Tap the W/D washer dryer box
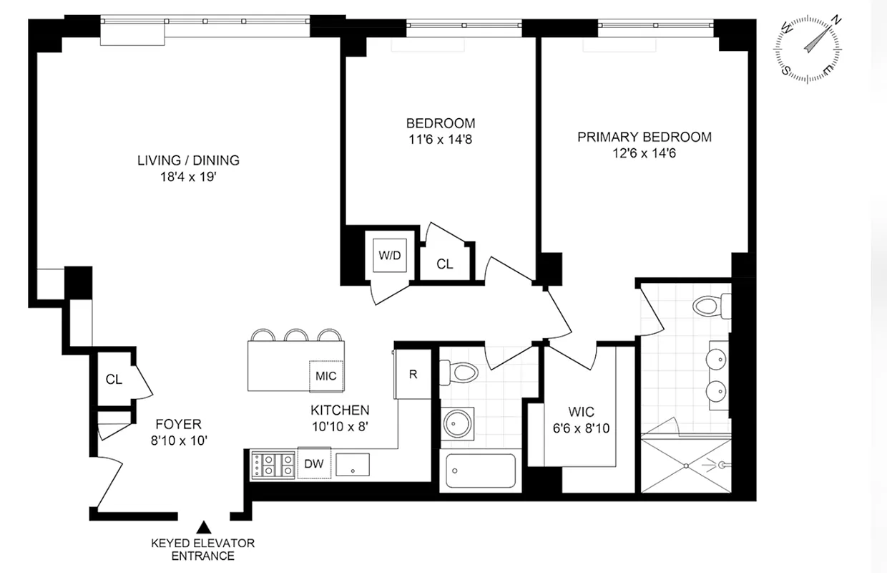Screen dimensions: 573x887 [389, 254]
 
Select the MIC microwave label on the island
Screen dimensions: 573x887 [325, 375]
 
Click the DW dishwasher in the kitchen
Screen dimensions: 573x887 [314, 464]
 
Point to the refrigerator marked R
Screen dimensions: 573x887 [413, 373]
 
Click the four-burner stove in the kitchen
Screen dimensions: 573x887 [273, 465]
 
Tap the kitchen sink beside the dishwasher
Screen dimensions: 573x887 [352, 465]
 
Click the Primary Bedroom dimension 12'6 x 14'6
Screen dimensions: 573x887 [644, 153]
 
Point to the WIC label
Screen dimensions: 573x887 [580, 413]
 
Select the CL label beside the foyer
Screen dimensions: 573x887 [114, 380]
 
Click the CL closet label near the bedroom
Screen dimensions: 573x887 [445, 264]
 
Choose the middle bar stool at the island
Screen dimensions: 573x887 [296, 336]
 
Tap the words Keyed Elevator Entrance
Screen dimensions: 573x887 [202, 549]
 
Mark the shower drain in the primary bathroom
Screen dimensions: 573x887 [688, 465]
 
